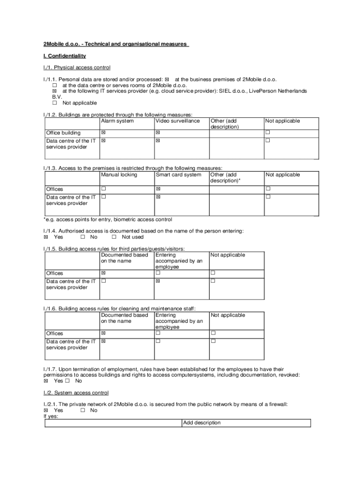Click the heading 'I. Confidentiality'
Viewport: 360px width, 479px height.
click(x=65, y=56)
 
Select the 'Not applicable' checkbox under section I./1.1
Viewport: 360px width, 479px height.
click(x=54, y=103)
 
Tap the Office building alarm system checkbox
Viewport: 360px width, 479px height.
click(x=104, y=133)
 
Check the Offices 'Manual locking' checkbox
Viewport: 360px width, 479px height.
click(x=104, y=189)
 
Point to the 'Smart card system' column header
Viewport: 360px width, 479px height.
click(x=179, y=175)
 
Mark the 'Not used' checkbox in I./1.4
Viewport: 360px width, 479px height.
click(x=114, y=237)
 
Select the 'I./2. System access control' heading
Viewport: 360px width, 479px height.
click(x=76, y=393)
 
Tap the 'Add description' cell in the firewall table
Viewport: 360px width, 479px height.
click(x=202, y=423)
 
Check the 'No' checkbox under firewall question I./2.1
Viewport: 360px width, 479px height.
click(x=82, y=411)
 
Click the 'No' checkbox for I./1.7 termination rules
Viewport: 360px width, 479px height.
click(x=67, y=381)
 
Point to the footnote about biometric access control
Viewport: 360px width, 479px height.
click(x=108, y=219)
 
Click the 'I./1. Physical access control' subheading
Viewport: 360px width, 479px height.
click(x=77, y=68)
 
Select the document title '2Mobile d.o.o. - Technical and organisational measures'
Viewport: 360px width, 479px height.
click(x=115, y=44)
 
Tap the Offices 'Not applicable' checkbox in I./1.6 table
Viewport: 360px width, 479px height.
click(x=213, y=334)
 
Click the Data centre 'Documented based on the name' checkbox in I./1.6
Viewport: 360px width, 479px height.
click(x=104, y=341)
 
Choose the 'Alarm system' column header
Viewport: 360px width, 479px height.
click(x=117, y=121)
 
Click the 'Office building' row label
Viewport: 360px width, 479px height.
click(x=63, y=133)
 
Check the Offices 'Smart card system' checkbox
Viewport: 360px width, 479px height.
click(x=158, y=189)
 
